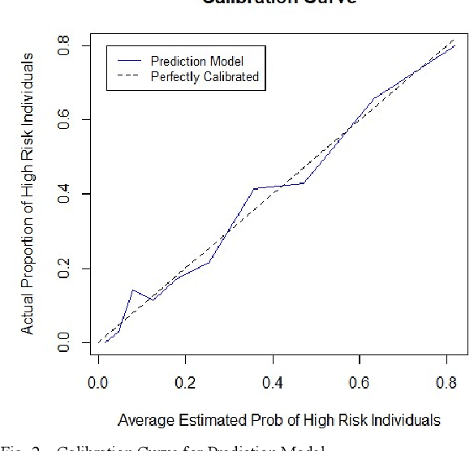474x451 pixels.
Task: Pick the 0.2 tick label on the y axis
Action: pyautogui.click(x=62, y=268)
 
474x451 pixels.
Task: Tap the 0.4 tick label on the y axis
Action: pyautogui.click(x=62, y=195)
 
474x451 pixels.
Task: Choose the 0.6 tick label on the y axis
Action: pyautogui.click(x=62, y=121)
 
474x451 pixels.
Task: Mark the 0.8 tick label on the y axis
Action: pyautogui.click(x=62, y=47)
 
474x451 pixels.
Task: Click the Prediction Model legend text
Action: pyautogui.click(x=196, y=62)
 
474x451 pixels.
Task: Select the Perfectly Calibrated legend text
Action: pyautogui.click(x=205, y=77)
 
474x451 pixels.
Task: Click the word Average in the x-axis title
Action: pyautogui.click(x=141, y=420)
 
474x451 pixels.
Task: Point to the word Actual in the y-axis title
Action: pyautogui.click(x=28, y=315)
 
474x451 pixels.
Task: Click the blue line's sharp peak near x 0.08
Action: pyautogui.click(x=132, y=290)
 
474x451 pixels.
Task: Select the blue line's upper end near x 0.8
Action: pyautogui.click(x=455, y=46)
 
